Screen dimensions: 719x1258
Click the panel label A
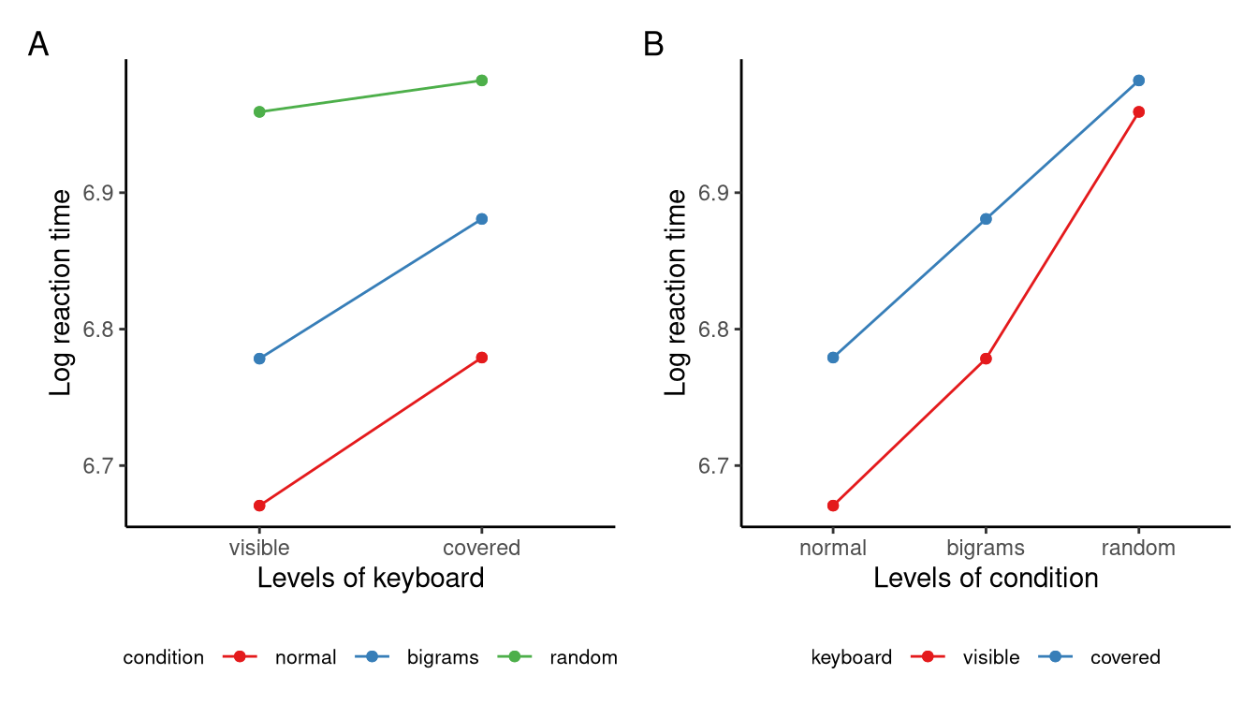(x=38, y=44)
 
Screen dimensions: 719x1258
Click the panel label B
(x=653, y=44)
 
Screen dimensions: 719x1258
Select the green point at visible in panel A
(x=259, y=112)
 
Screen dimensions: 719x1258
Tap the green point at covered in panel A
(x=482, y=81)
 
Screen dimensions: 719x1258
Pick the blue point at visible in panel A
(x=259, y=359)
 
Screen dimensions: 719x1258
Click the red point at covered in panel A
(x=482, y=358)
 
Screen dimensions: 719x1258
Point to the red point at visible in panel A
(x=259, y=506)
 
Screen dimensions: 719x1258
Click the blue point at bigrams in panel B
(x=986, y=219)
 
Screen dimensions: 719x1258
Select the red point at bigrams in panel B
(x=986, y=359)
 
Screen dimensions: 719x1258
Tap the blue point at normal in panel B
(x=833, y=358)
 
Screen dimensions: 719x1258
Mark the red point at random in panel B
(x=1139, y=112)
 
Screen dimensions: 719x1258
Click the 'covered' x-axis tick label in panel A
(x=482, y=548)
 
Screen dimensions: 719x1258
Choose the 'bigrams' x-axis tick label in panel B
(x=986, y=548)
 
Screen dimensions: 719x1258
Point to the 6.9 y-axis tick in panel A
(x=97, y=194)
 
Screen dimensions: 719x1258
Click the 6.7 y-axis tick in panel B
(x=712, y=466)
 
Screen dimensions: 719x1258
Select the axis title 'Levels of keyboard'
(x=371, y=579)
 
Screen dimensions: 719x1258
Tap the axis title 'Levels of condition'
(x=986, y=579)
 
